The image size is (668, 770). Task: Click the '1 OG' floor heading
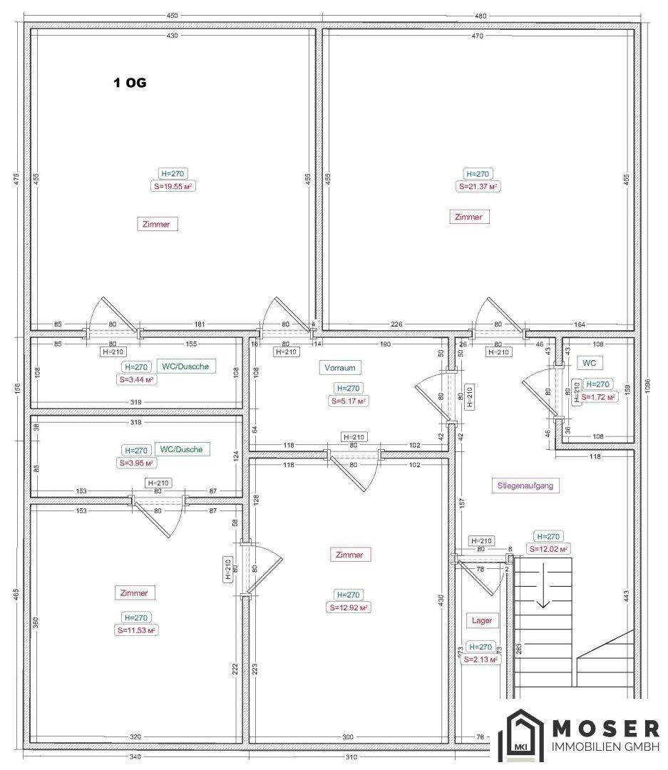point(130,83)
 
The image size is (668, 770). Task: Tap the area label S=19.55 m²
point(173,187)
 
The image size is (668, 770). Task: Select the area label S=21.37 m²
point(478,187)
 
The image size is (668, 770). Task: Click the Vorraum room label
point(340,367)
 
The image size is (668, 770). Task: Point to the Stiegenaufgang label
point(525,486)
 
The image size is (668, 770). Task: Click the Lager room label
point(482,620)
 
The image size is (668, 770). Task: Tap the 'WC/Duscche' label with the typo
point(185,366)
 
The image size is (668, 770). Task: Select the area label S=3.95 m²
point(136,463)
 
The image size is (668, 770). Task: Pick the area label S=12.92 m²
point(348,607)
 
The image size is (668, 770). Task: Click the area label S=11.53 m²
point(136,630)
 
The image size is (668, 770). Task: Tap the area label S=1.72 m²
point(597,397)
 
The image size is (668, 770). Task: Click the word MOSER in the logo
point(606,728)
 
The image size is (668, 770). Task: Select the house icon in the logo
point(521,735)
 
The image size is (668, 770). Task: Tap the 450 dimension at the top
point(172,16)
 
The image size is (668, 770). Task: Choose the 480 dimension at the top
point(481,16)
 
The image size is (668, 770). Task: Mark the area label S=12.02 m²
point(549,549)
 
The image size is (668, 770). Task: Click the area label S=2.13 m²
point(481,659)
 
